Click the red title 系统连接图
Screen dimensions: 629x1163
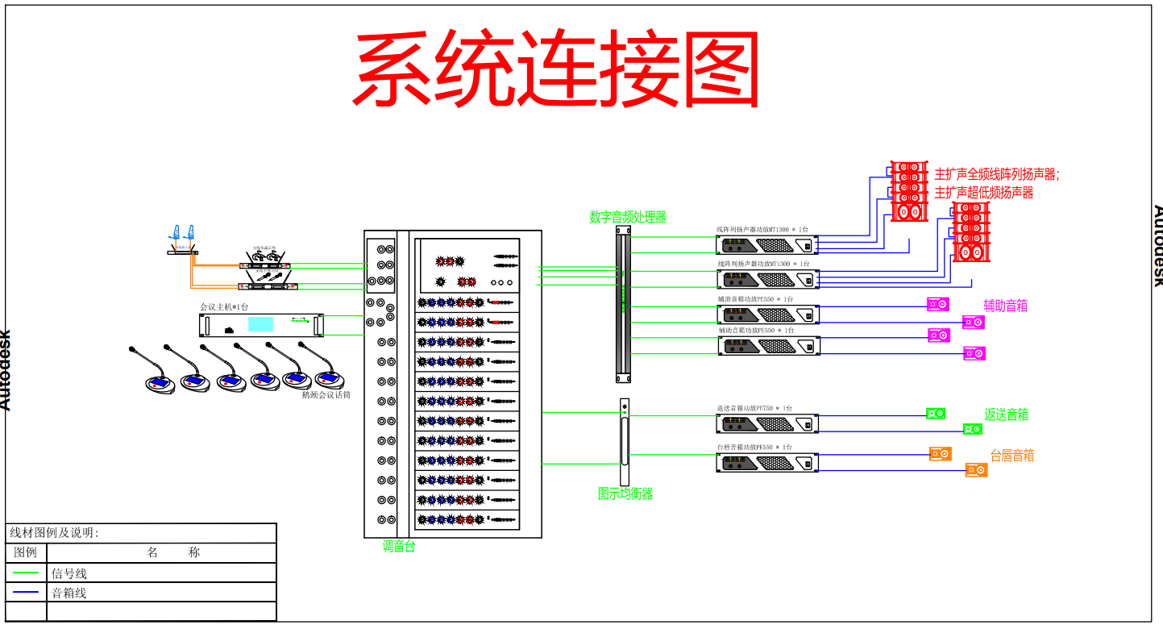click(556, 69)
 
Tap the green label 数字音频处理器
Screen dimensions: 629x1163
click(628, 217)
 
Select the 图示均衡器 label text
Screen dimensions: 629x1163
click(625, 494)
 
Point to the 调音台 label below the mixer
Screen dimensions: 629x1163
click(399, 547)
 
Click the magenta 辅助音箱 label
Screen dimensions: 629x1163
click(1005, 306)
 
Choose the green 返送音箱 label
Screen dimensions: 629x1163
click(1006, 414)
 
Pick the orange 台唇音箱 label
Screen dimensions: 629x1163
click(1011, 456)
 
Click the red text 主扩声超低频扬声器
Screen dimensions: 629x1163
click(983, 193)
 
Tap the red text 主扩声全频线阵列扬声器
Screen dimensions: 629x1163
click(996, 174)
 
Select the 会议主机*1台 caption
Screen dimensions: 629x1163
click(224, 307)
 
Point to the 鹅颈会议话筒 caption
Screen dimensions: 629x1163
click(326, 395)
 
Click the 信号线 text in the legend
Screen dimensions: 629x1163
click(69, 574)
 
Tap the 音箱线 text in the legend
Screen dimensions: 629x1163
click(69, 593)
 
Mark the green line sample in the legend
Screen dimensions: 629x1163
click(26, 573)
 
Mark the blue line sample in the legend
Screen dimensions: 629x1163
click(26, 592)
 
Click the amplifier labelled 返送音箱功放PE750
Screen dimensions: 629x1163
click(767, 423)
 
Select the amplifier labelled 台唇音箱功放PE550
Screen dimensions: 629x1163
click(767, 463)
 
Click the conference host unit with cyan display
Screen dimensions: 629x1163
click(261, 325)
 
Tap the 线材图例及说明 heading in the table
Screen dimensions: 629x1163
click(53, 533)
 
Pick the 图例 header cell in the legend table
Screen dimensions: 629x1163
click(26, 552)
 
